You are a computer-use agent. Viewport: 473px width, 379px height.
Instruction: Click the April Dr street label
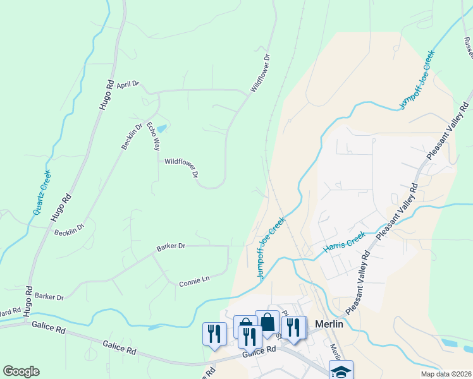(x=127, y=84)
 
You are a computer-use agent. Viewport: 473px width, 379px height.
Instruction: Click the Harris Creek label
(x=345, y=243)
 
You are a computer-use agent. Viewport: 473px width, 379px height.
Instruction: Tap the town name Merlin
(x=329, y=323)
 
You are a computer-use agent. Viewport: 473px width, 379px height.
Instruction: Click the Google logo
(x=21, y=371)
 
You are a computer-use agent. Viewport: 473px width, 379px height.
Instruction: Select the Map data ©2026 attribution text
(x=446, y=374)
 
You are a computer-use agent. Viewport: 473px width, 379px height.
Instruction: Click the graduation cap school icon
(x=341, y=371)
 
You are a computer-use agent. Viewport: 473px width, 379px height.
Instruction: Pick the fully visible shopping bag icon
(x=267, y=322)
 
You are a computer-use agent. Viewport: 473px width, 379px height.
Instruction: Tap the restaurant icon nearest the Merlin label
(x=293, y=327)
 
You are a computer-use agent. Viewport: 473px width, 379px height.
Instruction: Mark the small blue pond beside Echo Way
(x=161, y=128)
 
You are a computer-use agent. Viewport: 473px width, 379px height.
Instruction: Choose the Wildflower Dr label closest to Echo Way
(x=182, y=167)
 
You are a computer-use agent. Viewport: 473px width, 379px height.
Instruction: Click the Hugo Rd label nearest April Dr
(x=106, y=93)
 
